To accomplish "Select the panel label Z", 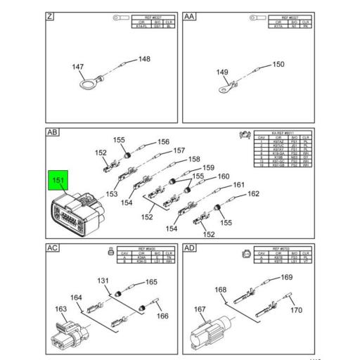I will [x=50, y=15].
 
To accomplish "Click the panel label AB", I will [x=52, y=132].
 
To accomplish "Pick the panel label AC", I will [x=52, y=248].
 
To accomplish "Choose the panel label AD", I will [x=190, y=248].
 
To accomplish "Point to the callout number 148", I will [x=143, y=59].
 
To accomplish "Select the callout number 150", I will [x=278, y=65].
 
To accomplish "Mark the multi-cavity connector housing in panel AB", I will [x=74, y=214].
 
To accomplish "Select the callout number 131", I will [x=103, y=281].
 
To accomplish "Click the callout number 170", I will [x=296, y=310].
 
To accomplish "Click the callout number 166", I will [x=162, y=316].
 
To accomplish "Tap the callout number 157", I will [x=179, y=150].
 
